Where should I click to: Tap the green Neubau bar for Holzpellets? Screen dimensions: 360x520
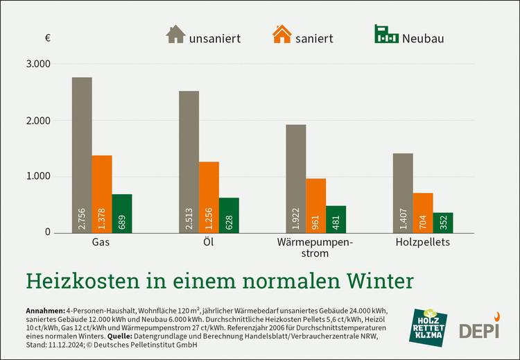click(x=443, y=222)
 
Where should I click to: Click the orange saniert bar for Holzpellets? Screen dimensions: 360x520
click(x=423, y=212)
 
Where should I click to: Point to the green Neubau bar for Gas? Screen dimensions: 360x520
click(x=121, y=213)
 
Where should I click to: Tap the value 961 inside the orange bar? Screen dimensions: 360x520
click(x=316, y=218)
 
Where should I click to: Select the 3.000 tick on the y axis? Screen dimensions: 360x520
click(x=38, y=64)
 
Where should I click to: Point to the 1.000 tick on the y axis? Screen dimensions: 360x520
click(x=38, y=176)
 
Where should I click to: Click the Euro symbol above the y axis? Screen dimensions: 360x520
click(x=47, y=37)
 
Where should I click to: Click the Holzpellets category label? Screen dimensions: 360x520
click(x=423, y=243)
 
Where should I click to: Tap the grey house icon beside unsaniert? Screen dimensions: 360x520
click(x=175, y=35)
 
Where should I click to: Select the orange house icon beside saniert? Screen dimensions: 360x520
click(x=282, y=35)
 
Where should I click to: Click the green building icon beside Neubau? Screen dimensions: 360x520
click(x=386, y=35)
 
